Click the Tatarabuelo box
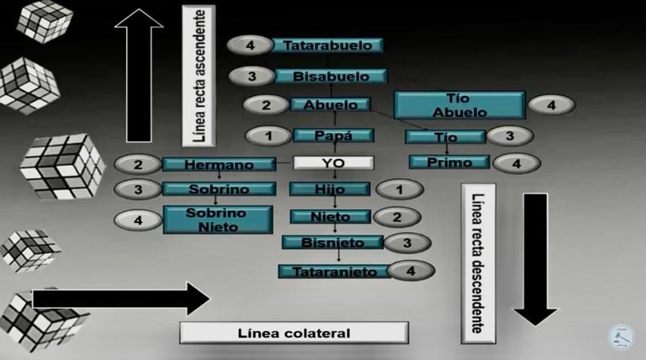click(x=327, y=45)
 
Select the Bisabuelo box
click(x=331, y=77)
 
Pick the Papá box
click(x=333, y=135)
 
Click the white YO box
click(x=332, y=162)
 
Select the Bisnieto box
click(x=333, y=243)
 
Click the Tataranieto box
click(x=334, y=271)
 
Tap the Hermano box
click(x=219, y=164)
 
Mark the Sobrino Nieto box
click(x=217, y=220)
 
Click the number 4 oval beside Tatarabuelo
click(x=249, y=45)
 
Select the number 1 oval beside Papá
click(x=267, y=135)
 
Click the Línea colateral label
click(x=294, y=332)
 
